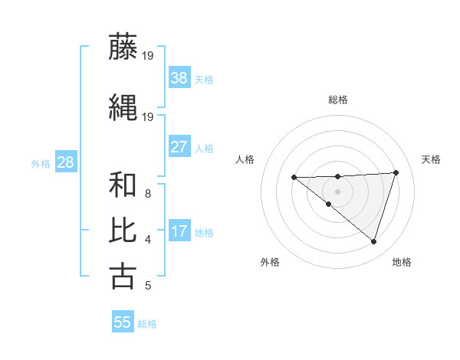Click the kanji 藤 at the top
[x=123, y=47]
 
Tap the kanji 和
[x=123, y=185]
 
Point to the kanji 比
[x=123, y=231]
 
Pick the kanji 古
[x=123, y=276]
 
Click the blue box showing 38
[x=179, y=77]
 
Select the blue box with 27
[x=179, y=146]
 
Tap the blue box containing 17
[x=179, y=231]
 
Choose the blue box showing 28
[x=65, y=162]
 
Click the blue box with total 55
[x=123, y=322]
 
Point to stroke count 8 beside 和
[x=147, y=194]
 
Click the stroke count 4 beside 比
[x=147, y=240]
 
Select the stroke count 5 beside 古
[x=147, y=286]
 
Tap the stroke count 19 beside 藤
[x=148, y=55]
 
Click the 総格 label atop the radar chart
[x=337, y=100]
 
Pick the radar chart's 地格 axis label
[x=402, y=262]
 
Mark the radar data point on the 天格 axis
[x=396, y=172]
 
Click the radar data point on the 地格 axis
[x=373, y=241]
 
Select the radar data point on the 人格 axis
[x=294, y=177]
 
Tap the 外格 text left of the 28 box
[x=41, y=163]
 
